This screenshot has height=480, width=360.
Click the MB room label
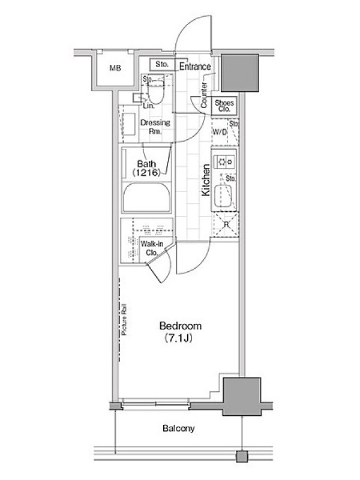(x=115, y=68)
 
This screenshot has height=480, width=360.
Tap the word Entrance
(x=195, y=67)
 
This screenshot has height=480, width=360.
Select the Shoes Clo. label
(x=224, y=106)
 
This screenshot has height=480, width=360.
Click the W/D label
(x=220, y=132)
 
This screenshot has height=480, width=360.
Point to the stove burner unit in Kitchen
(x=224, y=161)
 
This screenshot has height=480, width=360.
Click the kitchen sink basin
(x=223, y=196)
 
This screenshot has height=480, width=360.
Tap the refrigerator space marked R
(x=226, y=224)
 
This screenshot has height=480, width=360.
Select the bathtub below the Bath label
(x=146, y=198)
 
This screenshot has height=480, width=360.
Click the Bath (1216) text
(x=146, y=169)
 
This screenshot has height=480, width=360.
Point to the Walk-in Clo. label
(x=152, y=248)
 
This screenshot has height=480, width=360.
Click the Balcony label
(x=178, y=428)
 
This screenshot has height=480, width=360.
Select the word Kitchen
(x=206, y=180)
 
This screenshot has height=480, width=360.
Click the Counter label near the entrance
(x=204, y=95)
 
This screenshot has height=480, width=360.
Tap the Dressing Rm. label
(x=155, y=127)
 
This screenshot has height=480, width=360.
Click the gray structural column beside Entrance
(x=240, y=73)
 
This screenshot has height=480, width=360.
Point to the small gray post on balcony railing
(x=242, y=457)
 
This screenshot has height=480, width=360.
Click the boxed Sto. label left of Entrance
(x=162, y=64)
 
